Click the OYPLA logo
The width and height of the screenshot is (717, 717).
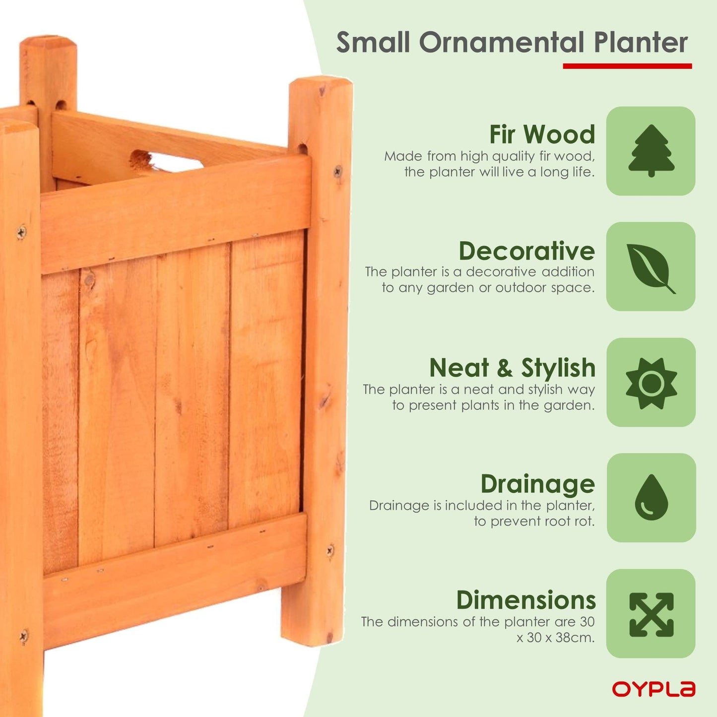pyautogui.click(x=653, y=689)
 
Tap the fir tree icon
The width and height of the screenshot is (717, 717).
pyautogui.click(x=651, y=151)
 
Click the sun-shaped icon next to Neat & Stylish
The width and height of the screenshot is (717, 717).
pyautogui.click(x=651, y=383)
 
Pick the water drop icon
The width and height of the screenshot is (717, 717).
pyautogui.click(x=651, y=498)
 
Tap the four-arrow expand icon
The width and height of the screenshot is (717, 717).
pyautogui.click(x=651, y=614)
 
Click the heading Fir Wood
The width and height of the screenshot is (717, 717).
pyautogui.click(x=542, y=134)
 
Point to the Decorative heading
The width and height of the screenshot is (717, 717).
pyautogui.click(x=526, y=251)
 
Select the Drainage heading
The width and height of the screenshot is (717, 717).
pyautogui.click(x=537, y=484)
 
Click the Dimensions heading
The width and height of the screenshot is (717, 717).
pyautogui.click(x=526, y=600)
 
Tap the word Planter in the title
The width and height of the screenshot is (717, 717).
pyautogui.click(x=641, y=43)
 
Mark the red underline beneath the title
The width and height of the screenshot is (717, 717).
pyautogui.click(x=627, y=66)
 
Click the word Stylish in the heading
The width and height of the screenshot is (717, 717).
pyautogui.click(x=558, y=368)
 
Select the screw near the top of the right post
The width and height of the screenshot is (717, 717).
pyautogui.click(x=337, y=172)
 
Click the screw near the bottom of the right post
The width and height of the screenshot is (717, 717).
pyautogui.click(x=330, y=550)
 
